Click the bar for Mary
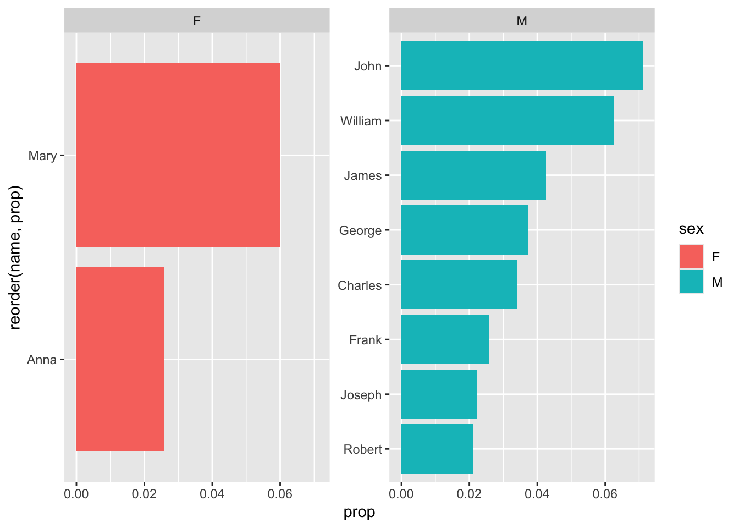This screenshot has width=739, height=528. [x=178, y=155]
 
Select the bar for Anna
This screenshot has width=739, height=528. [x=120, y=359]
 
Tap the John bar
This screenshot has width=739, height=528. [x=521, y=65]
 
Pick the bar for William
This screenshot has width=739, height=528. [x=507, y=120]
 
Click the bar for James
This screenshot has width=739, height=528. [x=473, y=175]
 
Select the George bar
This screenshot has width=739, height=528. [x=464, y=230]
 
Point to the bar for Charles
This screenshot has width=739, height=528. [x=459, y=284]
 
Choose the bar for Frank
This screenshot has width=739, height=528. [x=444, y=339]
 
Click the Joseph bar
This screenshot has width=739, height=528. [x=439, y=394]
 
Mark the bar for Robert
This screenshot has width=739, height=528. [x=437, y=449]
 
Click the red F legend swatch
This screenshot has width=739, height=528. [x=691, y=257]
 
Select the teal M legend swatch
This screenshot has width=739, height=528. [x=691, y=282]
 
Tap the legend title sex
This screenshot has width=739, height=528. [x=691, y=229]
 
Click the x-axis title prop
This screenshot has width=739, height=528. [x=359, y=512]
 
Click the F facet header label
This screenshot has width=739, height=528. [x=197, y=21]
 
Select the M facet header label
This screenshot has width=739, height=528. [x=522, y=21]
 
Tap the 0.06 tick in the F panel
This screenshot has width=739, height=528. [x=280, y=494]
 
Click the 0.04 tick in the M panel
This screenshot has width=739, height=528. [x=537, y=494]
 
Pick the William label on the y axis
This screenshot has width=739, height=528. [x=361, y=121]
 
